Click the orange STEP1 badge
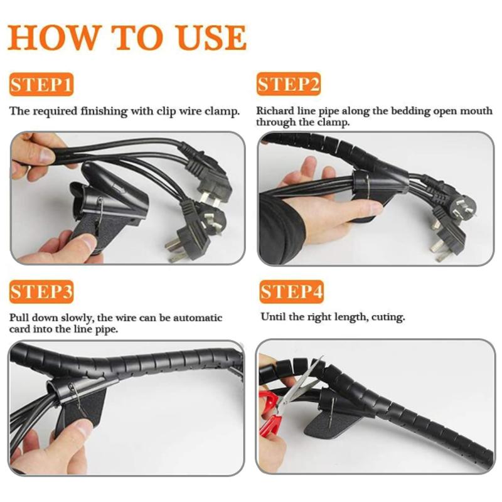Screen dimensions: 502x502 tap(41, 84)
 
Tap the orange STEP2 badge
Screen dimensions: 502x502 tap(289, 84)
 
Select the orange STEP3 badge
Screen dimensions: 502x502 tap(41, 292)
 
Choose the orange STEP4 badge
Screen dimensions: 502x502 tap(291, 292)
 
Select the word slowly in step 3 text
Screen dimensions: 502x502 tap(83, 318)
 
